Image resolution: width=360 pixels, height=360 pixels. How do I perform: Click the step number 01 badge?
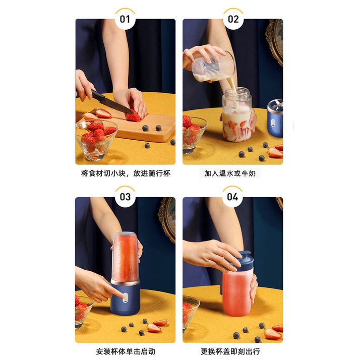coord(125,19)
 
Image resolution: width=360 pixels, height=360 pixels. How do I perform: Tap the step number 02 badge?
coord(233,19)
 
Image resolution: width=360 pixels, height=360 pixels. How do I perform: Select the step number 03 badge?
coord(125,197)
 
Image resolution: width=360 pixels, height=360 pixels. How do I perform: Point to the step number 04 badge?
coord(232,197)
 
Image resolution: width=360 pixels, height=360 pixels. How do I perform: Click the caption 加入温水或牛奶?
coord(230,173)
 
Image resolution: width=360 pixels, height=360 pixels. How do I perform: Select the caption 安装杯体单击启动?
coord(126,351)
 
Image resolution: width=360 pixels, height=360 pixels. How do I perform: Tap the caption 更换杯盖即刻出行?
coord(230,351)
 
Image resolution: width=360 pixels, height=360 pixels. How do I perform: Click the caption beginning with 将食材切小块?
coord(126,173)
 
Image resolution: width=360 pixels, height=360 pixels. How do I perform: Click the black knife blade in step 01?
coord(112,102)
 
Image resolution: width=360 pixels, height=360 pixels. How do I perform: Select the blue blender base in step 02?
coord(275,118)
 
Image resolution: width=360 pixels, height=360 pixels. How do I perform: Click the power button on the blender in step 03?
coord(125,297)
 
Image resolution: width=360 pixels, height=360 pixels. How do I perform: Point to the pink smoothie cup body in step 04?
coord(237,293)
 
